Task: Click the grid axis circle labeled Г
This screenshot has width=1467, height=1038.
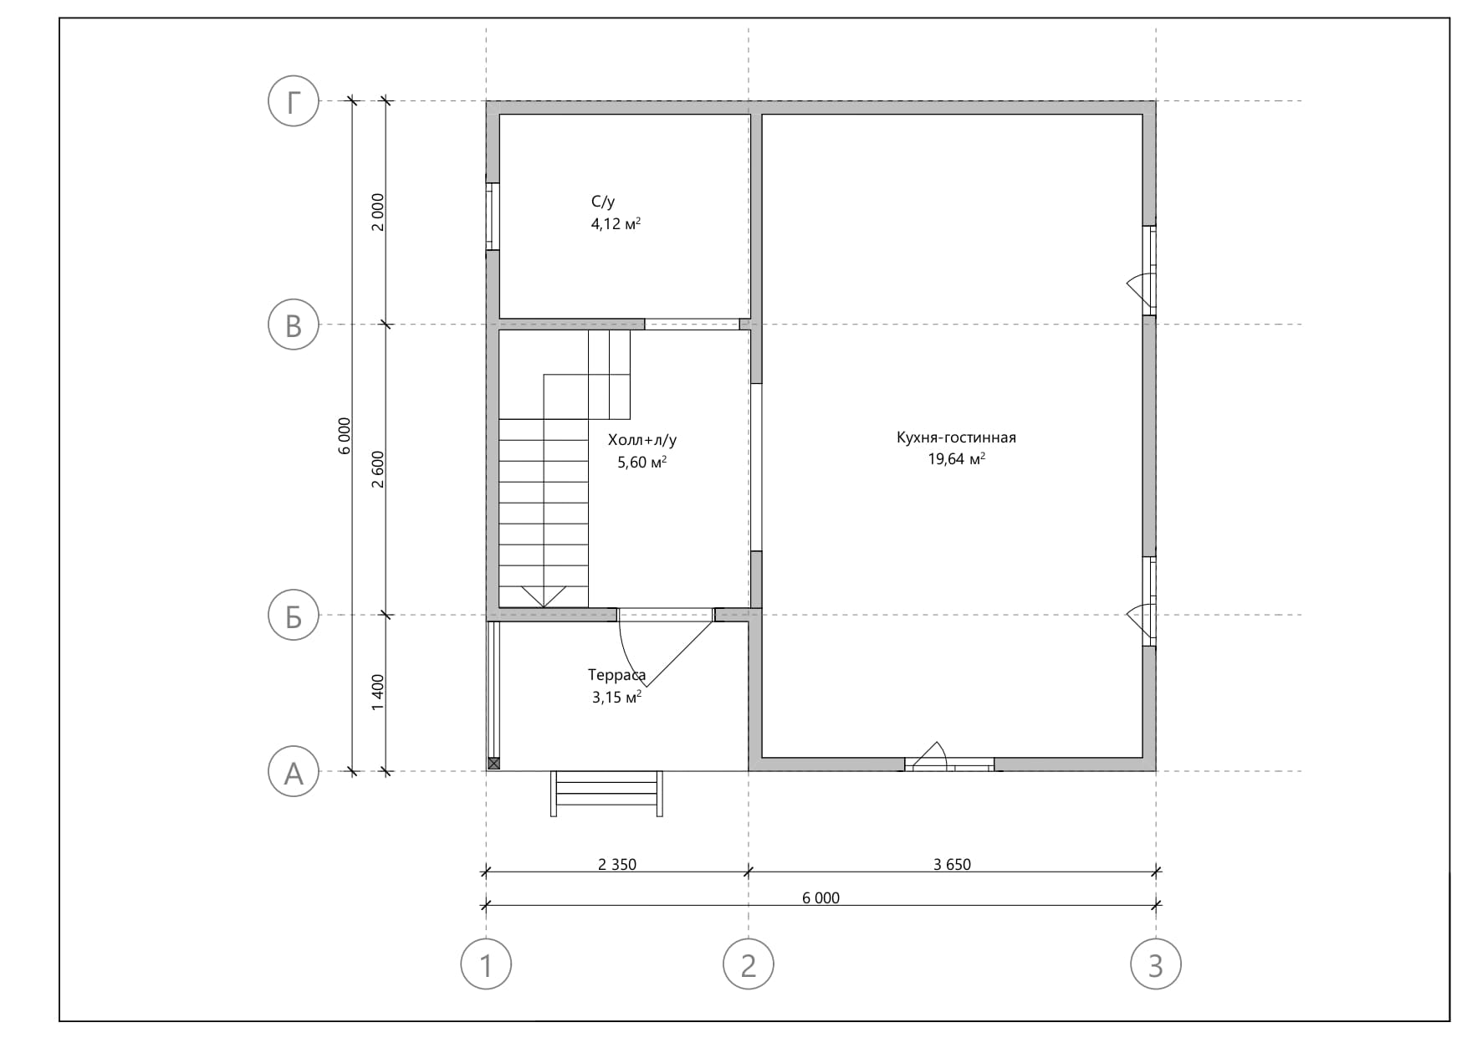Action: [293, 101]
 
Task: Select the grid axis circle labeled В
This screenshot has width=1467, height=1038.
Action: [293, 325]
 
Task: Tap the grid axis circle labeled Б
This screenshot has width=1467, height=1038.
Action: [293, 616]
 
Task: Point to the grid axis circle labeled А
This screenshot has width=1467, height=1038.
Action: [293, 771]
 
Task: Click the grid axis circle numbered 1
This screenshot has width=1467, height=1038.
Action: [486, 964]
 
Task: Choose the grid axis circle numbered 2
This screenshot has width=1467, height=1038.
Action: [749, 964]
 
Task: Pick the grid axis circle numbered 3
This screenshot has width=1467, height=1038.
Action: [1156, 964]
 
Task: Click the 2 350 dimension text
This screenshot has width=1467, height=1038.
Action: [617, 864]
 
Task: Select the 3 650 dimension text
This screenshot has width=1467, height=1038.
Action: [952, 864]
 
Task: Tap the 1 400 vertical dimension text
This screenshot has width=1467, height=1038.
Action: [377, 693]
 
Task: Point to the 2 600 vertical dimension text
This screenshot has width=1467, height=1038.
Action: [377, 469]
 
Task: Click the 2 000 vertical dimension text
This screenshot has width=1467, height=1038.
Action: [377, 212]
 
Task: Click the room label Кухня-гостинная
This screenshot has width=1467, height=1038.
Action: [956, 437]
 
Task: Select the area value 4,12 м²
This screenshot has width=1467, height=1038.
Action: [616, 223]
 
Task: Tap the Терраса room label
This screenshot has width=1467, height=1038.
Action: [616, 675]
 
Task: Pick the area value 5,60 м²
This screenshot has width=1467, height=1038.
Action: [641, 462]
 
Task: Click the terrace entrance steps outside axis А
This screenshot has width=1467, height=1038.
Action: [606, 793]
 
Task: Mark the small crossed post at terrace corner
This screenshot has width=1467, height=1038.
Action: [493, 764]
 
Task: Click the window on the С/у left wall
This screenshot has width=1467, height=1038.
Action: [493, 216]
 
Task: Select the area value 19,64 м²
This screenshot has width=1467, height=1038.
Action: [956, 458]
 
